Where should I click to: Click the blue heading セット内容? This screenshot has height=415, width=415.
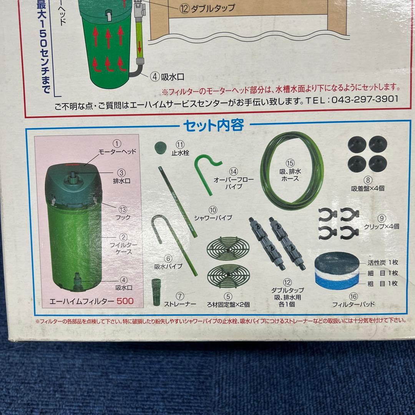click(213, 126)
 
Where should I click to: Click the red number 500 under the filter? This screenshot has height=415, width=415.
click(125, 301)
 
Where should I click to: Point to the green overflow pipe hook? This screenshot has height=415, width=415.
click(207, 167)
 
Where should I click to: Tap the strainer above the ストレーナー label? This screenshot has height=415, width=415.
click(156, 292)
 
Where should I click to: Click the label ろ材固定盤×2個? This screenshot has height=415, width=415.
click(228, 304)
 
